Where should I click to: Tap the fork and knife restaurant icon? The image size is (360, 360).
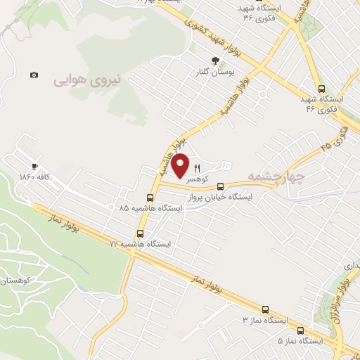(x=198, y=169)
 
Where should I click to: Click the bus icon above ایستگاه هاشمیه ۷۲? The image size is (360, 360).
(x=139, y=233)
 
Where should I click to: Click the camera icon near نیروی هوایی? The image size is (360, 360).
(x=34, y=75)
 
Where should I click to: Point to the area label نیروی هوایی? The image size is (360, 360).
(x=88, y=81)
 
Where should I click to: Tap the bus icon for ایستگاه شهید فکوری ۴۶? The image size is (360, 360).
(x=321, y=89)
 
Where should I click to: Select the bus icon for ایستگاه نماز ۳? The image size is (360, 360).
(x=265, y=309)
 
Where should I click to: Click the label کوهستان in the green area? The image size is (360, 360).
(x=13, y=281)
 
